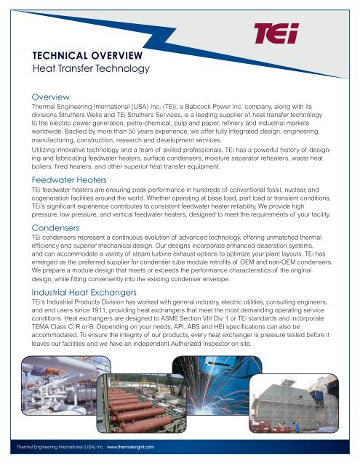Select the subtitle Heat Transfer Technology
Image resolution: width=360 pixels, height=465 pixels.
[86, 69]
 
